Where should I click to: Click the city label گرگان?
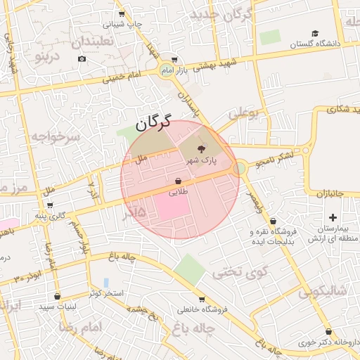[x=151, y=124]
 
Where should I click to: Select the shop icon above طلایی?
[x=178, y=181]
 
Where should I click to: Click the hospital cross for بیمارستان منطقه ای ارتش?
[x=333, y=218]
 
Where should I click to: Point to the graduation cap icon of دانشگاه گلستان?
[x=315, y=33]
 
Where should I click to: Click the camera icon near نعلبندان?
[x=82, y=58]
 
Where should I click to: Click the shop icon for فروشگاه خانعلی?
[x=202, y=300]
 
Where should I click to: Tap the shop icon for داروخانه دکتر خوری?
[x=328, y=332]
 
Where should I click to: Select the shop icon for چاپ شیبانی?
[x=122, y=13]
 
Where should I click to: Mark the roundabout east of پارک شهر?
[x=240, y=167]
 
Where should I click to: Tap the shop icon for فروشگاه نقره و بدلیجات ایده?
[x=273, y=221]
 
